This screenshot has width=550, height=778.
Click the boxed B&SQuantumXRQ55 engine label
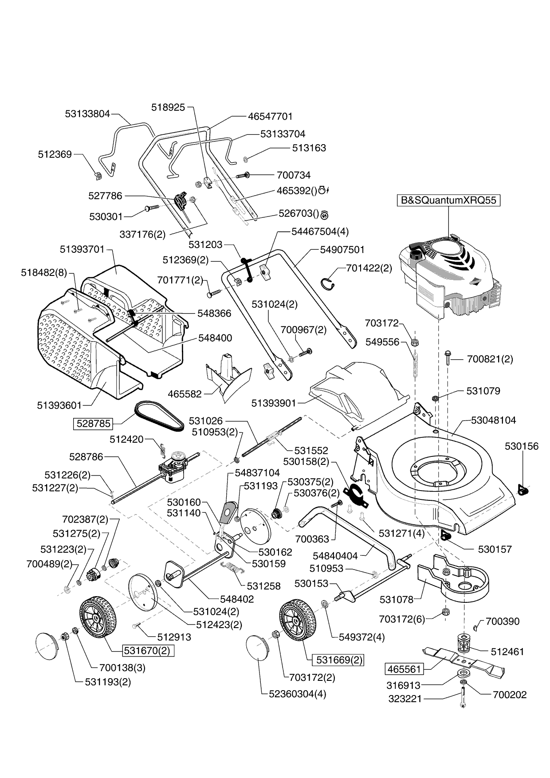tap(448, 200)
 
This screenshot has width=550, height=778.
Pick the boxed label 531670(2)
tap(147, 651)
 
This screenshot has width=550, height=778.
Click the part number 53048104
tap(493, 420)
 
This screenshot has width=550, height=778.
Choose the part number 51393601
tap(59, 405)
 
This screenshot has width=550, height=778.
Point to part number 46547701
tap(270, 116)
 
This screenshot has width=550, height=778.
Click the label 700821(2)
tap(490, 359)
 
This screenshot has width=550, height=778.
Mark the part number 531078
tap(397, 600)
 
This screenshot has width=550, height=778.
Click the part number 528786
tap(86, 456)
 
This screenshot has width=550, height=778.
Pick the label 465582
tap(185, 394)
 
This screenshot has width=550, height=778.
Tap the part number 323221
tap(405, 699)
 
